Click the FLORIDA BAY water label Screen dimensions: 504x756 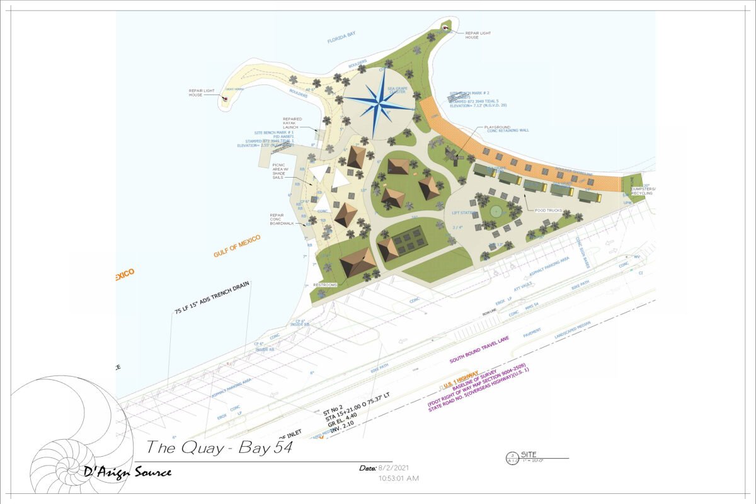point(341,40)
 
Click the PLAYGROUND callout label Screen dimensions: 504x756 point(497,127)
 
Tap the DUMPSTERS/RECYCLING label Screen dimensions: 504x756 point(643,190)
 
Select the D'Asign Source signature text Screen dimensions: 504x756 point(129,471)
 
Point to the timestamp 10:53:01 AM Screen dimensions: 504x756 point(399,479)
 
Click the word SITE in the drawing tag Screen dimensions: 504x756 point(529,454)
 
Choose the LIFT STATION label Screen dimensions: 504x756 point(464,213)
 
